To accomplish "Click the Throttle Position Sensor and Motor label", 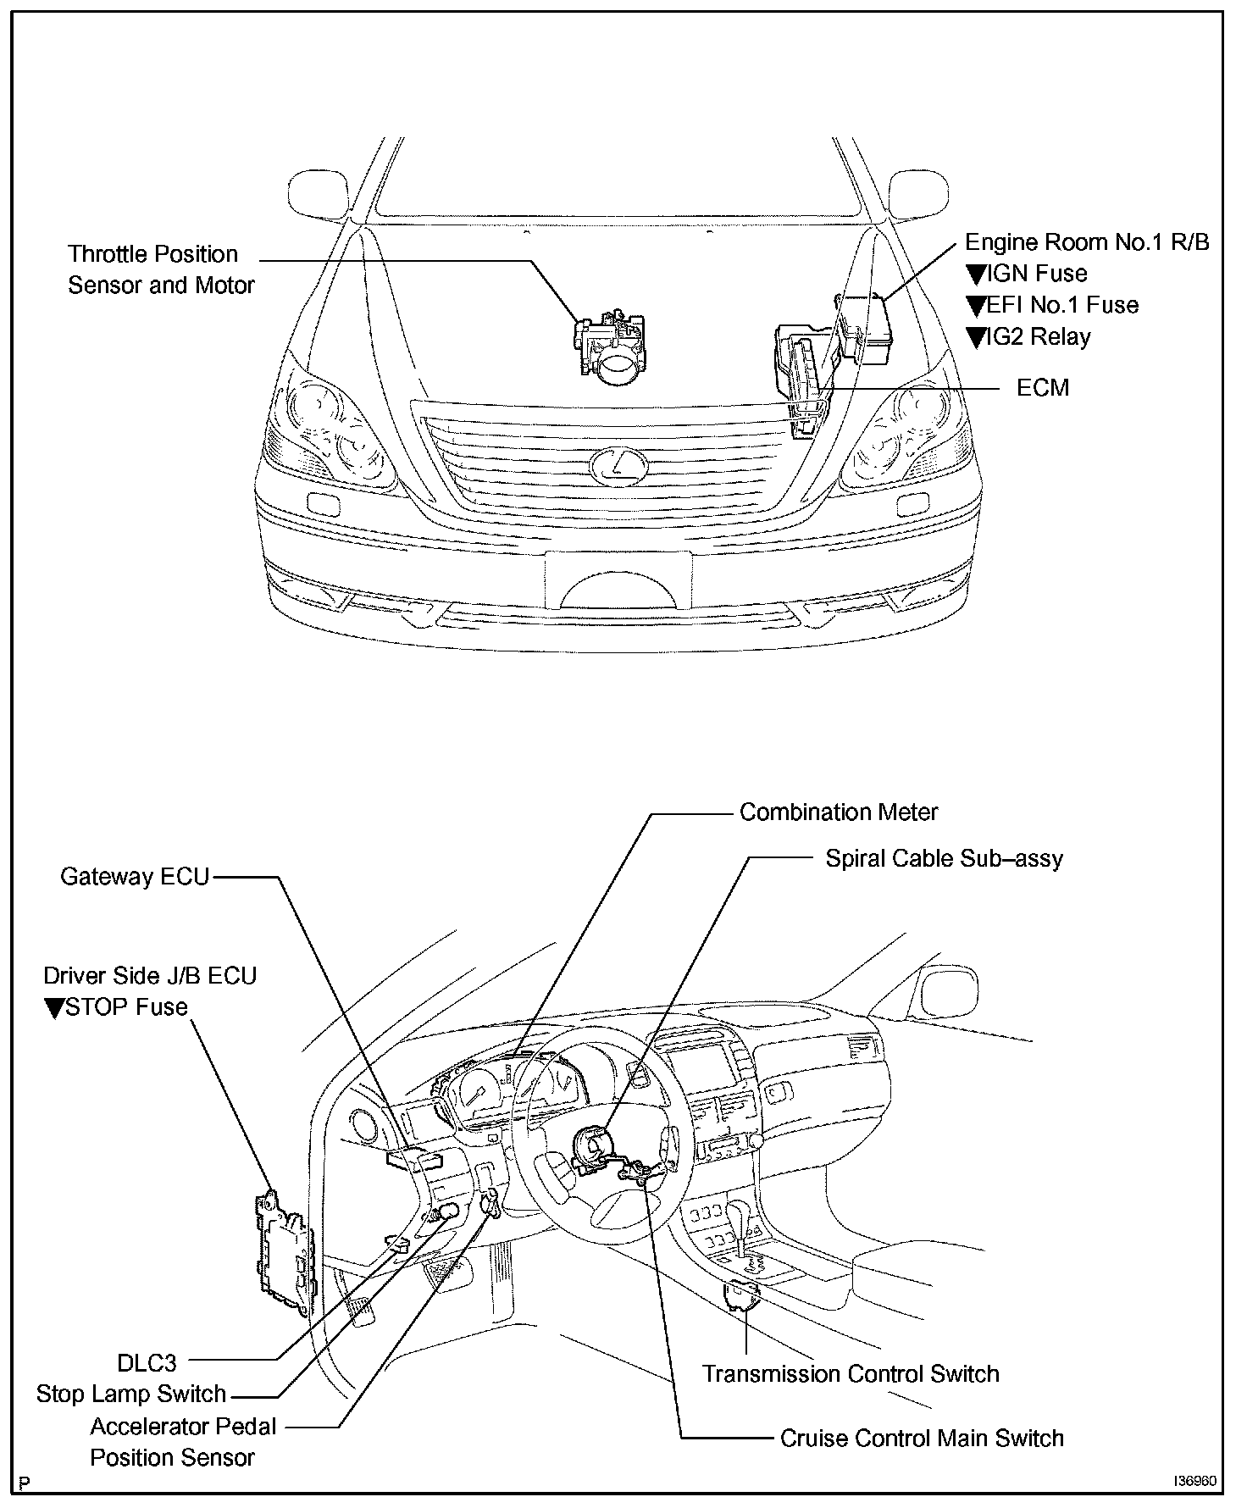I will click(x=161, y=269).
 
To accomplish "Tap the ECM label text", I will click(x=1043, y=388).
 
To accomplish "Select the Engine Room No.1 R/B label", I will click(x=1087, y=242).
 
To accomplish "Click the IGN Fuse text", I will click(x=1037, y=274).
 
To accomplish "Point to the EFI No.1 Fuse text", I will click(x=1062, y=305).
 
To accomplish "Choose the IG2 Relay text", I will click(x=1039, y=337).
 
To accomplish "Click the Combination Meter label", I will click(x=839, y=812).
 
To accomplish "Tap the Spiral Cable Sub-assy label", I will click(x=944, y=859).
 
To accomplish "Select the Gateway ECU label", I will click(x=135, y=876).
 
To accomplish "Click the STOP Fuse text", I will click(x=125, y=1007).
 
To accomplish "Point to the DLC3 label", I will click(x=147, y=1363).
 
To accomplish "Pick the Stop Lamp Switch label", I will click(x=131, y=1394).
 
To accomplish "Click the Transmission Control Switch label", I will click(x=851, y=1373).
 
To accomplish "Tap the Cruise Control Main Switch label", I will click(x=922, y=1439).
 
